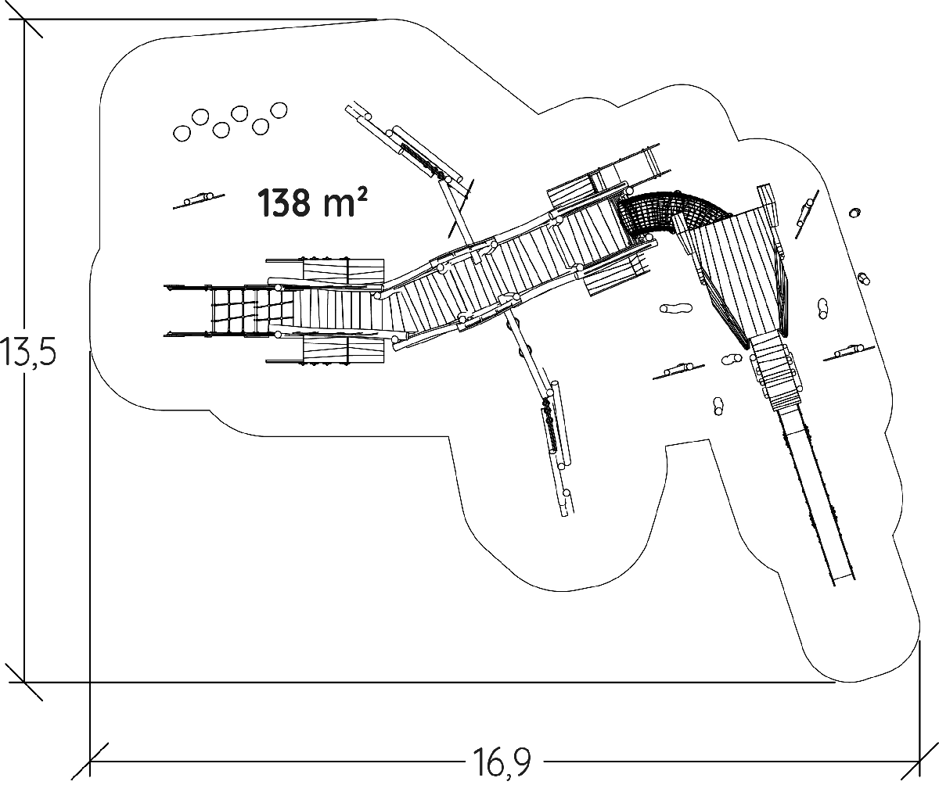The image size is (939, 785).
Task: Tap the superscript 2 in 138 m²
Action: pyautogui.click(x=362, y=192)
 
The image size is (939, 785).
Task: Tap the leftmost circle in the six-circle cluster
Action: pyautogui.click(x=182, y=134)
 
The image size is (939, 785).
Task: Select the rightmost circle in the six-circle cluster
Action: pyautogui.click(x=278, y=110)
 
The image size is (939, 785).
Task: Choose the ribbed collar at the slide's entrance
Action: pyautogui.click(x=777, y=375)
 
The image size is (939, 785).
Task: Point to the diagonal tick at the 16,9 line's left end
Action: pyautogui.click(x=91, y=760)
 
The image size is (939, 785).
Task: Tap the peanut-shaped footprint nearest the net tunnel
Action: pyautogui.click(x=676, y=308)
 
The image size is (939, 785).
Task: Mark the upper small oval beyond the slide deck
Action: pyautogui.click(x=854, y=213)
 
